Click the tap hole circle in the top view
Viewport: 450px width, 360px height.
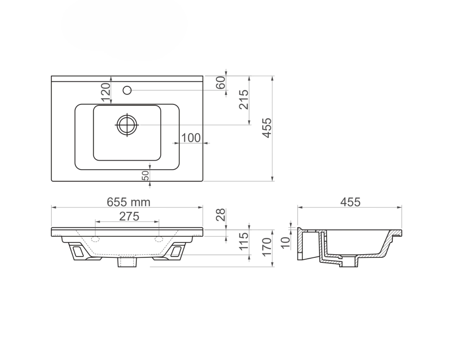pos(127,90)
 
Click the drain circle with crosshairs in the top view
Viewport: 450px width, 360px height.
pos(127,125)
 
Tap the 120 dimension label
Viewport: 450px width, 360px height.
pos(106,92)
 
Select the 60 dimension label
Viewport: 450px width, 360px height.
pos(220,83)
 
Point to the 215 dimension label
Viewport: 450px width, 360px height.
pos(243,99)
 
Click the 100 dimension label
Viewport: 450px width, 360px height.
pos(191,138)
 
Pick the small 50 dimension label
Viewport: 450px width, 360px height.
pos(146,175)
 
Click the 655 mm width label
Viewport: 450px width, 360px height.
pos(129,202)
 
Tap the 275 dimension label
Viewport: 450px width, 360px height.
pos(129,216)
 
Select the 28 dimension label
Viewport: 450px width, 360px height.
pos(220,215)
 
